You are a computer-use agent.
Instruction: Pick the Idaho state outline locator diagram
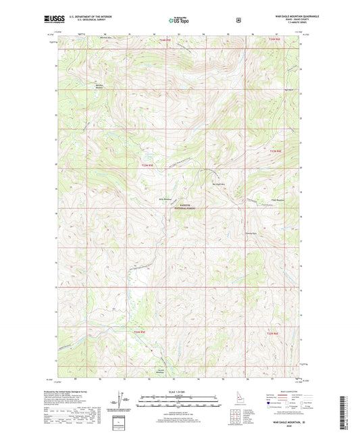click(238, 406)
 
